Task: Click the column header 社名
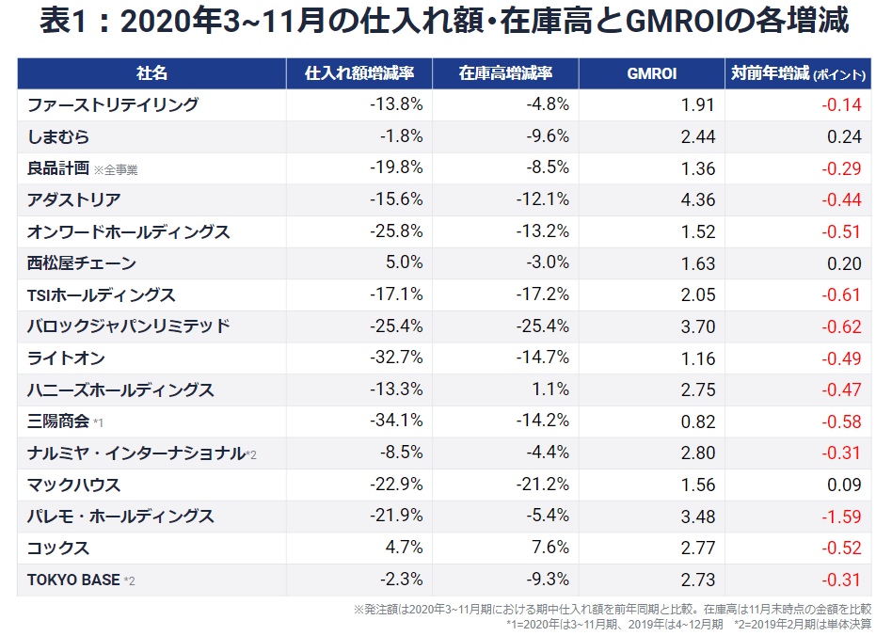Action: pyautogui.click(x=151, y=73)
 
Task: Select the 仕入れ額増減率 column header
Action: pyautogui.click(x=360, y=73)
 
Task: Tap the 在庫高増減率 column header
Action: pyautogui.click(x=505, y=73)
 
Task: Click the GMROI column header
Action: pyautogui.click(x=651, y=73)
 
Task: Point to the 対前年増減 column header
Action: pyautogui.click(x=797, y=73)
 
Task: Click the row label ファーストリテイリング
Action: pyautogui.click(x=113, y=105)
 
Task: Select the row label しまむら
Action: pyautogui.click(x=59, y=137)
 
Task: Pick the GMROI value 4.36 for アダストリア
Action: pyautogui.click(x=697, y=200)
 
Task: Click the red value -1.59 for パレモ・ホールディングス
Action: pyautogui.click(x=841, y=517)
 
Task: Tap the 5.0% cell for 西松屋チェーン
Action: pyautogui.click(x=402, y=263)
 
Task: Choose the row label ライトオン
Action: pyautogui.click(x=67, y=358)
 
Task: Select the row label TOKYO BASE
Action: pyautogui.click(x=74, y=580)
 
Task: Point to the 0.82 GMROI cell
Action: pyautogui.click(x=697, y=421)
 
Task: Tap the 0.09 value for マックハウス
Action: pyautogui.click(x=844, y=485)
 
